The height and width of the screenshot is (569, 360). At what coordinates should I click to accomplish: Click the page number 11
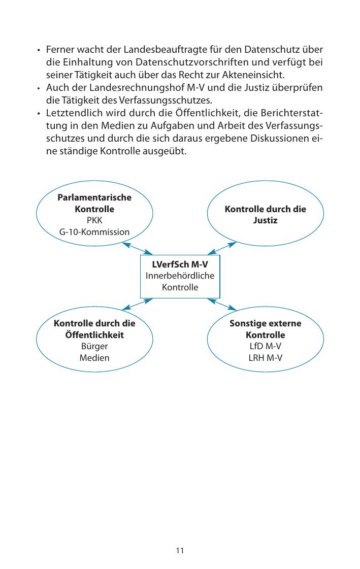[x=180, y=551]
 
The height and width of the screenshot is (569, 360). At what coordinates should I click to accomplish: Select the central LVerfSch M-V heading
[x=180, y=265]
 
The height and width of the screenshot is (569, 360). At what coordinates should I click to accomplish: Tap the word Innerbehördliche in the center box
[x=180, y=276]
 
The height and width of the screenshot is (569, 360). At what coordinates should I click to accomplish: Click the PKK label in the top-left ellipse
[x=94, y=221]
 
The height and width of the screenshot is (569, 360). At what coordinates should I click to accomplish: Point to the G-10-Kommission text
[x=94, y=232]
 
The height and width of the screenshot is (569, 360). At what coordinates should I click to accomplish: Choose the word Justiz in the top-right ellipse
[x=266, y=221]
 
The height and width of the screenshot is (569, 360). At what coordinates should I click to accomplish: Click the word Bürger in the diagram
[x=94, y=347]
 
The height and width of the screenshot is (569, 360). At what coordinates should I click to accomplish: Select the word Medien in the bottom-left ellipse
[x=94, y=358]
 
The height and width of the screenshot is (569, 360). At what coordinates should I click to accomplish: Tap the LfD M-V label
[x=266, y=347]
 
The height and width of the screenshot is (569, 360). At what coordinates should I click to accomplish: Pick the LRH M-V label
[x=266, y=358]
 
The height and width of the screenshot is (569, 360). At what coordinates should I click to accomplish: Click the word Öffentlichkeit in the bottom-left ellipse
[x=94, y=335]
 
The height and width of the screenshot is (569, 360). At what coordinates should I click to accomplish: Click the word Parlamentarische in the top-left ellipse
[x=94, y=197]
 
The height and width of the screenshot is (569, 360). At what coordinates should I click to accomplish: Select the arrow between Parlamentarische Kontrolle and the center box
[x=138, y=248]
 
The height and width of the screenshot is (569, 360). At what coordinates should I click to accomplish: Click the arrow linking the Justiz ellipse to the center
[x=222, y=248]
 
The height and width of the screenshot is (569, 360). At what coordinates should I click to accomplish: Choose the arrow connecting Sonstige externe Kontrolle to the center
[x=222, y=304]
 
